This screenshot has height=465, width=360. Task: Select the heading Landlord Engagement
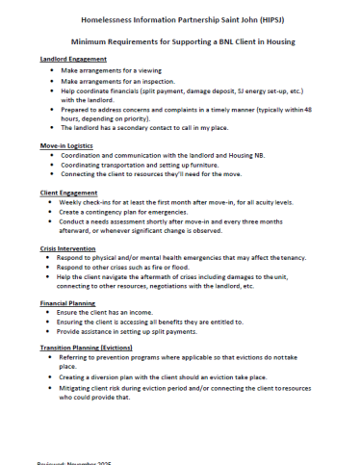[x=74, y=59]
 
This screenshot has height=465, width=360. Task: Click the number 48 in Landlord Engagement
[x=308, y=109]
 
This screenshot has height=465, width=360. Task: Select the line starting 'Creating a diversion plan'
[x=164, y=376]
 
